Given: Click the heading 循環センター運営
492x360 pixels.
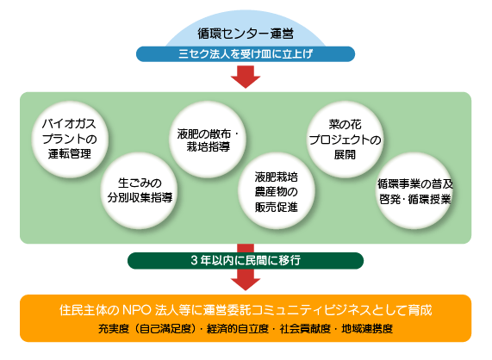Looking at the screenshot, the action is [246, 34].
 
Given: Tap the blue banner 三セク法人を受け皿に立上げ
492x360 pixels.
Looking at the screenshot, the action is [246, 54].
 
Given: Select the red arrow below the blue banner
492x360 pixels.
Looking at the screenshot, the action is [246, 77].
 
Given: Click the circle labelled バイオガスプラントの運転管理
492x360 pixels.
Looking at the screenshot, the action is [70, 140].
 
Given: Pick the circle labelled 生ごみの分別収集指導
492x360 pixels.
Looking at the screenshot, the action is [139, 190].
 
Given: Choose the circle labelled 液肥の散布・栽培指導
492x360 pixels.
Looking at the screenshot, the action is [208, 140].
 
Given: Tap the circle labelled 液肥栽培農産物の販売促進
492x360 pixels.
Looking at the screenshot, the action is [277, 190].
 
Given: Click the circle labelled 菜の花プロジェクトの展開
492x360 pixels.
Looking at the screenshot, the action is [345, 140].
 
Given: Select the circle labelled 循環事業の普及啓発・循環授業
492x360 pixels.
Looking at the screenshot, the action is [414, 190].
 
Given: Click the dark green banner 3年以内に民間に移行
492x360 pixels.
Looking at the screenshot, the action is [246, 261].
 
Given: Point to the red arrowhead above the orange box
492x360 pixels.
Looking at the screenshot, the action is [246, 284].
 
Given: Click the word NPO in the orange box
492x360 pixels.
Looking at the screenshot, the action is [136, 310].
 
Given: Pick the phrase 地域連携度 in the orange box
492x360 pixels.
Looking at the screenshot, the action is [367, 329].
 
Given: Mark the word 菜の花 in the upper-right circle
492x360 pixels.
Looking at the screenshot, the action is [345, 125].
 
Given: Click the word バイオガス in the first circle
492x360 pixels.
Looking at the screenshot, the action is [69, 124].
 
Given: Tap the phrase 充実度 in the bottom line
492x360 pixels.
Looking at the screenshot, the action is [114, 329].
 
